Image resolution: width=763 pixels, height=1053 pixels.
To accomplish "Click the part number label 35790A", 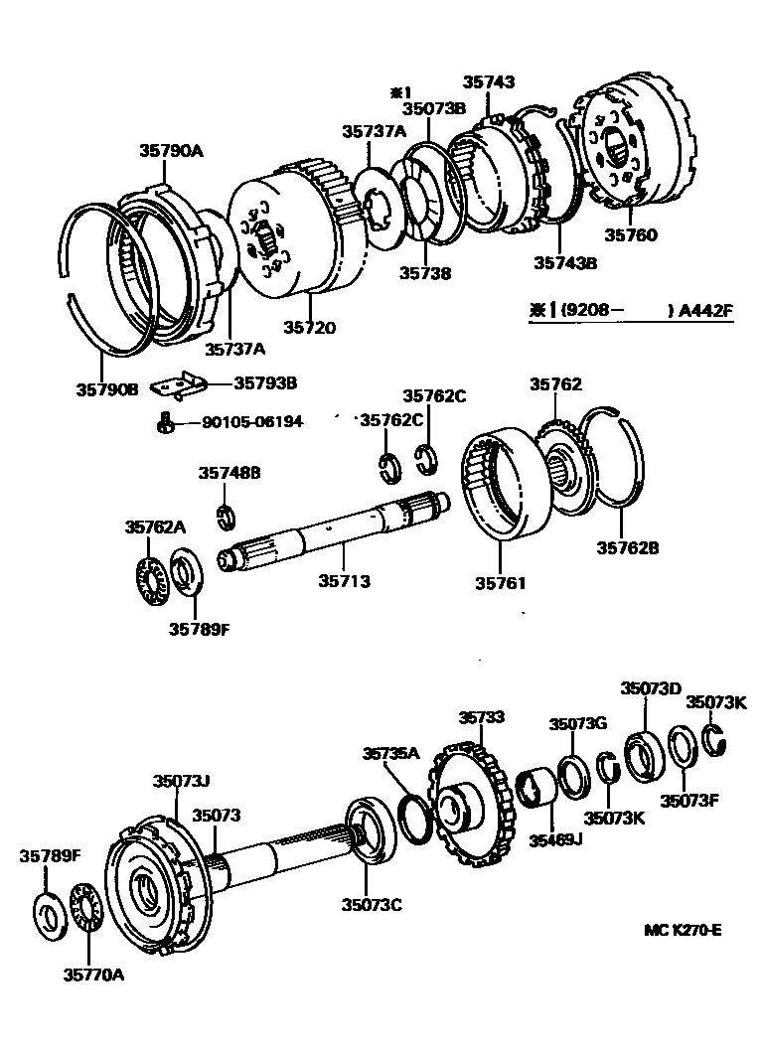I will click(170, 151).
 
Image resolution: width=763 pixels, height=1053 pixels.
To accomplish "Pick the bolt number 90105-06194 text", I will click(252, 422).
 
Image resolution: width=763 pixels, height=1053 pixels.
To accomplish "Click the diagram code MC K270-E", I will click(682, 930).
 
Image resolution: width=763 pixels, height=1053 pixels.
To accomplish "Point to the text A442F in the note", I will click(705, 310).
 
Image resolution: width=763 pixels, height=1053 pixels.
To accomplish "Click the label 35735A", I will click(391, 753).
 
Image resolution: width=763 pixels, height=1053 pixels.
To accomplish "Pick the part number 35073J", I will click(181, 782).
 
